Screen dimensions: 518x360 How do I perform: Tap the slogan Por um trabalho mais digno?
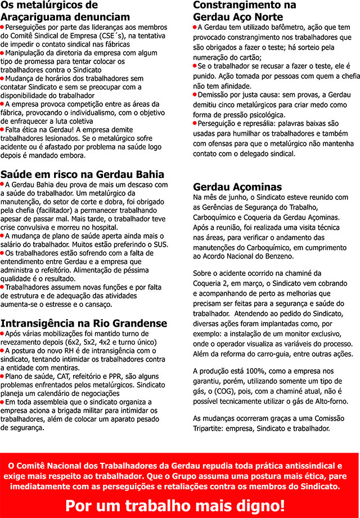(x=175, y=504)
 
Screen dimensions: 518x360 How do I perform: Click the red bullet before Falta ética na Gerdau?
(x=3, y=129)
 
